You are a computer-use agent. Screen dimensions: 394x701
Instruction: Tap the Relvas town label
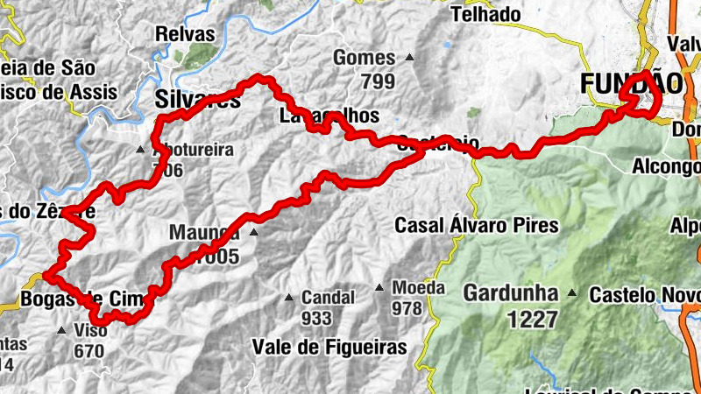[184, 34]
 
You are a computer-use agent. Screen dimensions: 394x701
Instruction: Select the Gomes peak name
[365, 59]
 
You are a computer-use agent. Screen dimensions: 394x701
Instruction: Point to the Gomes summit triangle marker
[410, 59]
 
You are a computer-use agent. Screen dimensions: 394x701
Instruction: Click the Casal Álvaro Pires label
[476, 225]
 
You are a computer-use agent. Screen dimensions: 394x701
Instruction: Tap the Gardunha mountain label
[512, 292]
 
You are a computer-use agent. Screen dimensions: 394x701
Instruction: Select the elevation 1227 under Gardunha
[532, 319]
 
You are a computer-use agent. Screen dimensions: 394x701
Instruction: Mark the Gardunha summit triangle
[572, 292]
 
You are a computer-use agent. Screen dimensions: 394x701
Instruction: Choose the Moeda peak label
[419, 287]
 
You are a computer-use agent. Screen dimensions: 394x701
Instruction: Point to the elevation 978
[407, 308]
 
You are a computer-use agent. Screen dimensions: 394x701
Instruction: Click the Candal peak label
[328, 297]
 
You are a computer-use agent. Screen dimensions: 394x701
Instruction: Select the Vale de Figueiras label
[329, 348]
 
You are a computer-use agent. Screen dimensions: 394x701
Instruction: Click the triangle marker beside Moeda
[379, 287]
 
